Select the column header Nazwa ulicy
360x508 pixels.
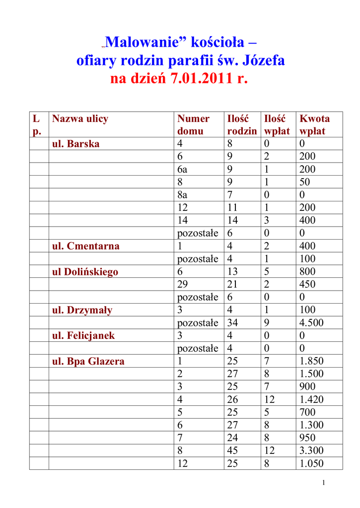tap(80, 119)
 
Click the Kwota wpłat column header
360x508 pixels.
tap(314, 125)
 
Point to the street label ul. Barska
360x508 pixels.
tap(76, 144)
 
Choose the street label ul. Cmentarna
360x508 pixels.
tap(86, 246)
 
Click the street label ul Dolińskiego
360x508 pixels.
tap(85, 272)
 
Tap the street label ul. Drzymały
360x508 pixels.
tap(82, 310)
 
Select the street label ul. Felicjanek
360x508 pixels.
tap(83, 336)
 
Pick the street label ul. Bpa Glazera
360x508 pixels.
tap(88, 362)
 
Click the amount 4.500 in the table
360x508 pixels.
tap(311, 323)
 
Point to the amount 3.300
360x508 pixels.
tap(311, 450)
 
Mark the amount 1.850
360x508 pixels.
tap(311, 361)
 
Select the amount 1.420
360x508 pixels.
tap(311, 399)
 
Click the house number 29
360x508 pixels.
tap(183, 285)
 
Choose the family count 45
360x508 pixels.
tap(232, 450)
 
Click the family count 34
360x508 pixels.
tap(232, 323)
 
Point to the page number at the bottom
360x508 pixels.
tap(323, 483)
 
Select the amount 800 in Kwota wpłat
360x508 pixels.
tap(307, 272)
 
